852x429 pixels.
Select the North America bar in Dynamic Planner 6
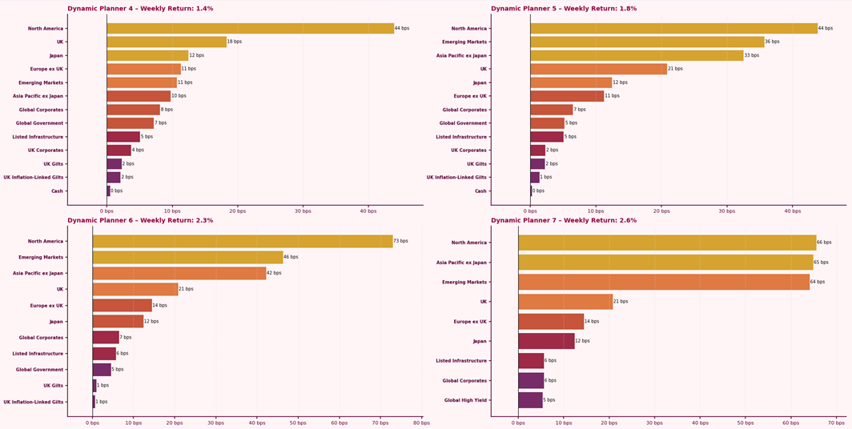[x=243, y=241]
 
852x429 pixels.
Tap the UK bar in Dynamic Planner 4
[x=167, y=42]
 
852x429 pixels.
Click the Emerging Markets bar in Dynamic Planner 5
[x=647, y=42]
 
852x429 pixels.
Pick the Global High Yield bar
[x=530, y=400]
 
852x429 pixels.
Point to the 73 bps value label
[x=401, y=241]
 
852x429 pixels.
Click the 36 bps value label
[x=772, y=42]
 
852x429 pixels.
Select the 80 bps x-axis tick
[x=421, y=422]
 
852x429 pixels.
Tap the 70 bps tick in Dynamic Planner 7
[x=836, y=422]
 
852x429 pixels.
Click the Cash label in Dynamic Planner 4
[x=57, y=191]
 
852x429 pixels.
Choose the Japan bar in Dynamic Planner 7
[x=546, y=341]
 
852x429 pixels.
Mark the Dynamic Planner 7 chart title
[x=564, y=220]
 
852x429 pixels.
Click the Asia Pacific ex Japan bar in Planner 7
[x=665, y=262]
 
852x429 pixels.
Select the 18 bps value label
[x=235, y=42]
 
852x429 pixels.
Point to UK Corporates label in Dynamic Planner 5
[x=468, y=150]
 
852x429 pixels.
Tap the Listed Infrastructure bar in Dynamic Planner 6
[x=104, y=354]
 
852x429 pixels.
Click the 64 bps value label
[x=818, y=282]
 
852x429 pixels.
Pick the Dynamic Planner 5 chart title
[x=564, y=9]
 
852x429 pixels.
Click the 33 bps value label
[x=751, y=55]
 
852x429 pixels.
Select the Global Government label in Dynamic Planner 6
[x=39, y=370]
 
